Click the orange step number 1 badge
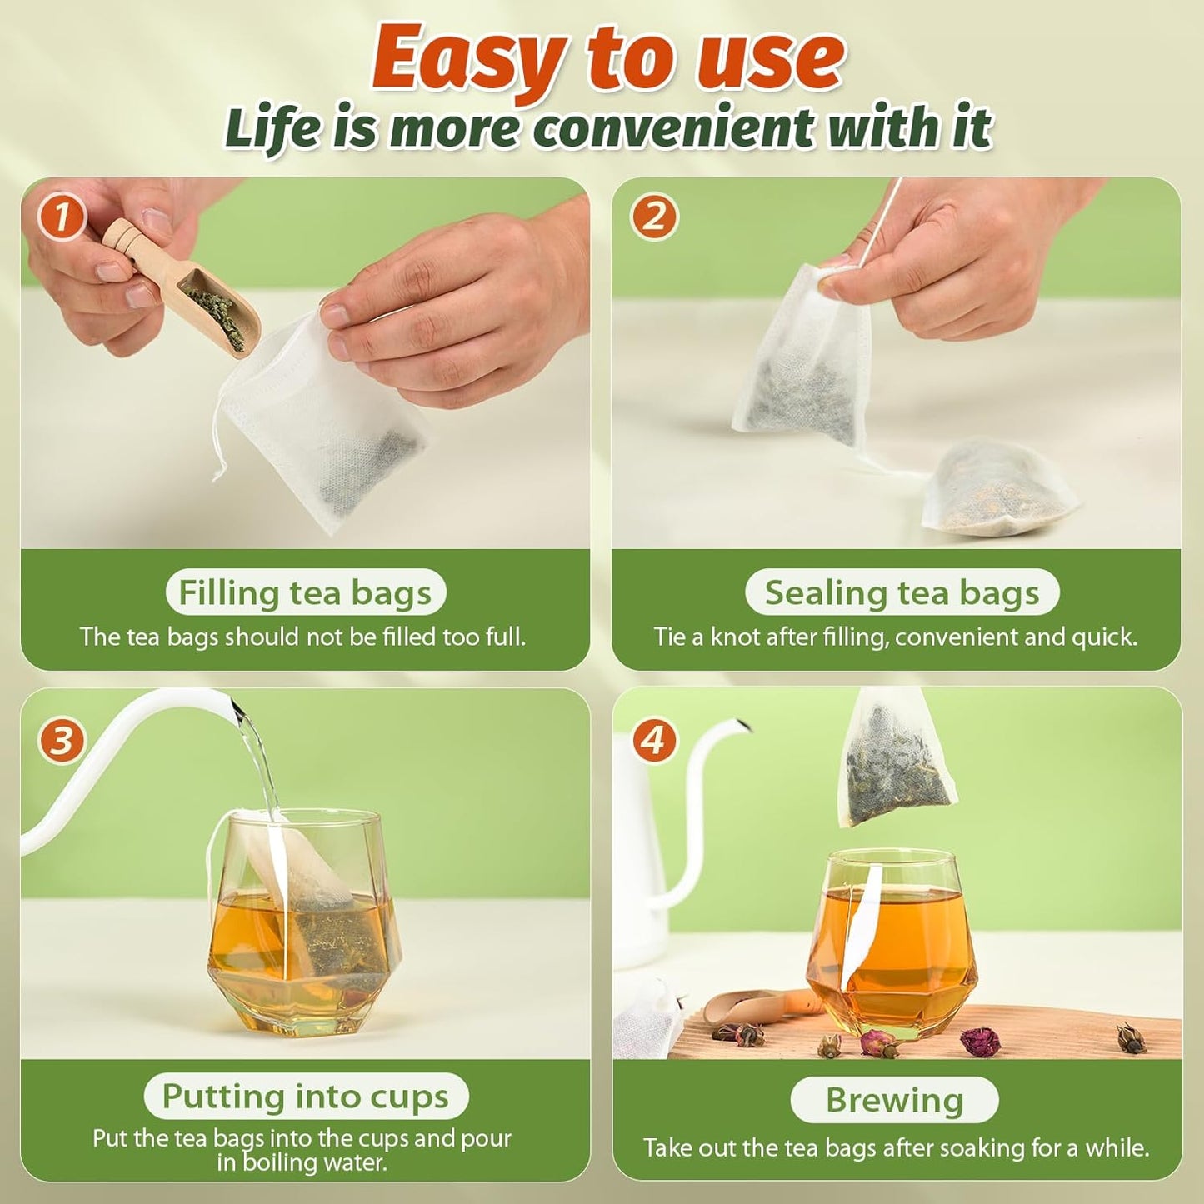tap(62, 218)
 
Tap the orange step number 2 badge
tap(654, 218)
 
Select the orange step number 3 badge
tap(62, 741)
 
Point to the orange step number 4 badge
tap(654, 741)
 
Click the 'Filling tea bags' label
tap(305, 592)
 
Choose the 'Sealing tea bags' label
tap(902, 592)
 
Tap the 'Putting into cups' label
tap(305, 1096)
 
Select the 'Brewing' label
tap(894, 1100)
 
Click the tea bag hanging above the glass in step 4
tap(896, 758)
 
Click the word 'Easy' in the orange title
tap(467, 58)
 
